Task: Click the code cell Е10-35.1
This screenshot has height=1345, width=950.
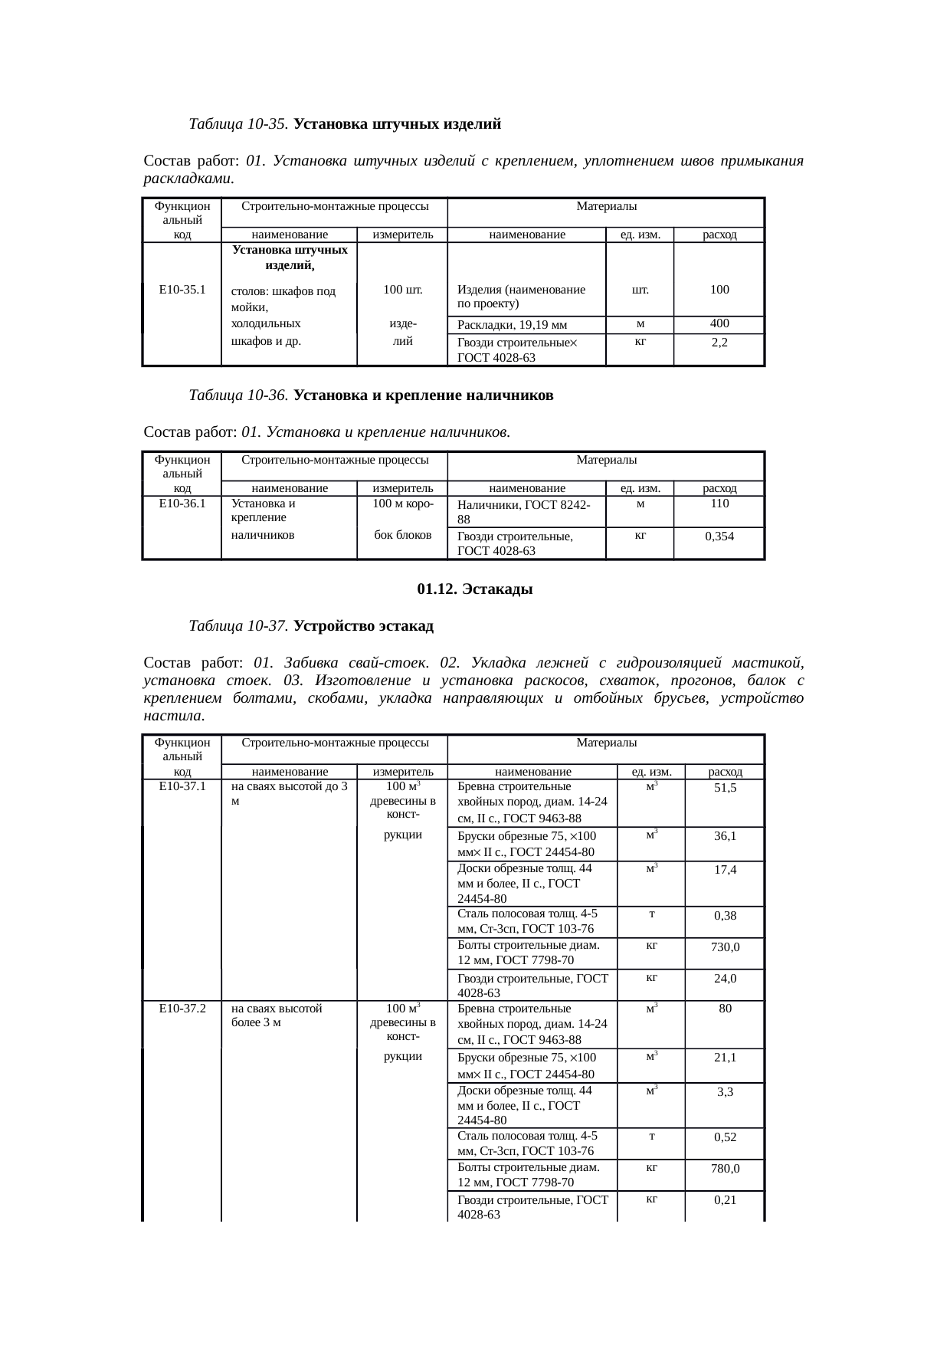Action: point(182,290)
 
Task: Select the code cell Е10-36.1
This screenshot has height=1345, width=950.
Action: point(182,504)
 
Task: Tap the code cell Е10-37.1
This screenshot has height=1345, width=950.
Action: point(182,786)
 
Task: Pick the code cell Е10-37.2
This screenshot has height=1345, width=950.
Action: point(182,1009)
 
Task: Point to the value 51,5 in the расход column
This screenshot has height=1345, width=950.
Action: point(725,788)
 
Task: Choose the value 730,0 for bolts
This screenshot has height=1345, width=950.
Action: point(725,947)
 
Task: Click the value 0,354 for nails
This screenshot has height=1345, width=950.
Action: point(719,536)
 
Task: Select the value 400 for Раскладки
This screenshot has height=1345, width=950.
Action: point(719,323)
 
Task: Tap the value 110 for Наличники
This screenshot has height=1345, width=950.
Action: point(719,504)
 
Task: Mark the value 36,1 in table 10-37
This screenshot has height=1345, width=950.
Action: point(725,836)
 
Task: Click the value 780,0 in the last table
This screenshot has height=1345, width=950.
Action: point(725,1169)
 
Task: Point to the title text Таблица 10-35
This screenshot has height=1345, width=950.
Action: point(238,123)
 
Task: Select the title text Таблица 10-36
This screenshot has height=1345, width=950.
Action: point(238,395)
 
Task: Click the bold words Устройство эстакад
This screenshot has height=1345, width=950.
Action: point(363,626)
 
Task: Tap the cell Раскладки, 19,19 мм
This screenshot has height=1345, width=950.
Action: point(511,325)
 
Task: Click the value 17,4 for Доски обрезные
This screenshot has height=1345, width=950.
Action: point(725,871)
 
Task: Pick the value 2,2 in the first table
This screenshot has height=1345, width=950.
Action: point(719,343)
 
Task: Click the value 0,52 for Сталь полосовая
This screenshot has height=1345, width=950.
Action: point(725,1137)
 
